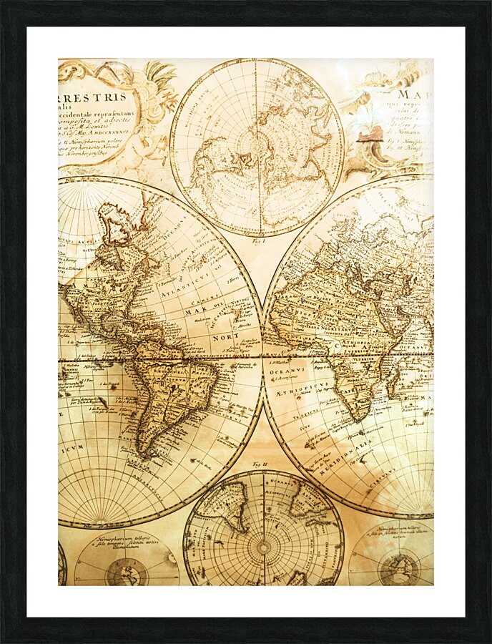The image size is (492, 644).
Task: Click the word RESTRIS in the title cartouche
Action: [100, 97]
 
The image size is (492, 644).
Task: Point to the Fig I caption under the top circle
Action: [258, 243]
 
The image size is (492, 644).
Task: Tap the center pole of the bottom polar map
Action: [264, 548]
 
